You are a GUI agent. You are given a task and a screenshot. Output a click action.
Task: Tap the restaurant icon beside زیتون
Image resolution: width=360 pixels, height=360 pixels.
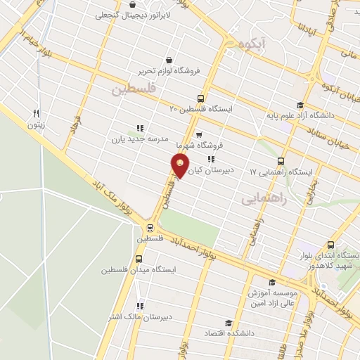coord(36,113)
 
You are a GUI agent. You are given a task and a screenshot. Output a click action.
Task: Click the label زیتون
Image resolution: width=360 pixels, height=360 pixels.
coord(35,125)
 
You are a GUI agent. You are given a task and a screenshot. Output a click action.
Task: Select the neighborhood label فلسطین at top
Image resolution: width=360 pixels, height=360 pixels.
coord(131,89)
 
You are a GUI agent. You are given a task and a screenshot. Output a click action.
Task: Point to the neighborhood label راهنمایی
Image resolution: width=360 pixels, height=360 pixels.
coord(264,199)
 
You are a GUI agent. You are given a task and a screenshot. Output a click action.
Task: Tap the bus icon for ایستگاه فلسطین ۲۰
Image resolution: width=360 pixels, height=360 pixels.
coord(201,99)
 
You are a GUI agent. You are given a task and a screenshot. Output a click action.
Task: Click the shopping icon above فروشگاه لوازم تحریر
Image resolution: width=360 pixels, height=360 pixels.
coord(169,60)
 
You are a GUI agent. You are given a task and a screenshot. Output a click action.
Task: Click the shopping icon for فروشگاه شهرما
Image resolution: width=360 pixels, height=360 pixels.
coord(199,134)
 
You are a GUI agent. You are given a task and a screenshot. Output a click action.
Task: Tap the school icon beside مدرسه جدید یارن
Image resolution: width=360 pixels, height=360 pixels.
coord(140,127)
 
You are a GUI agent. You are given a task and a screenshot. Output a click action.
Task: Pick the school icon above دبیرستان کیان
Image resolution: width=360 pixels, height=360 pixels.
coord(211,159)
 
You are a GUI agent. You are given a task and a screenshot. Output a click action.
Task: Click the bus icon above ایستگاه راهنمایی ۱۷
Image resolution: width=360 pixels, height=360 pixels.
coord(281,160)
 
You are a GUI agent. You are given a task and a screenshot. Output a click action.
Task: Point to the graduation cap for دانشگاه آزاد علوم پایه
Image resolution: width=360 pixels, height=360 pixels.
coord(309,105)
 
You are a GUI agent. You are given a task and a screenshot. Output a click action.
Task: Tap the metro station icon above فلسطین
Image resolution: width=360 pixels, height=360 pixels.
coord(149,227)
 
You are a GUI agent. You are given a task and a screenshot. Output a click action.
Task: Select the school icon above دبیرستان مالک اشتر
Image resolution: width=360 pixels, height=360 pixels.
coord(141,306)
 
